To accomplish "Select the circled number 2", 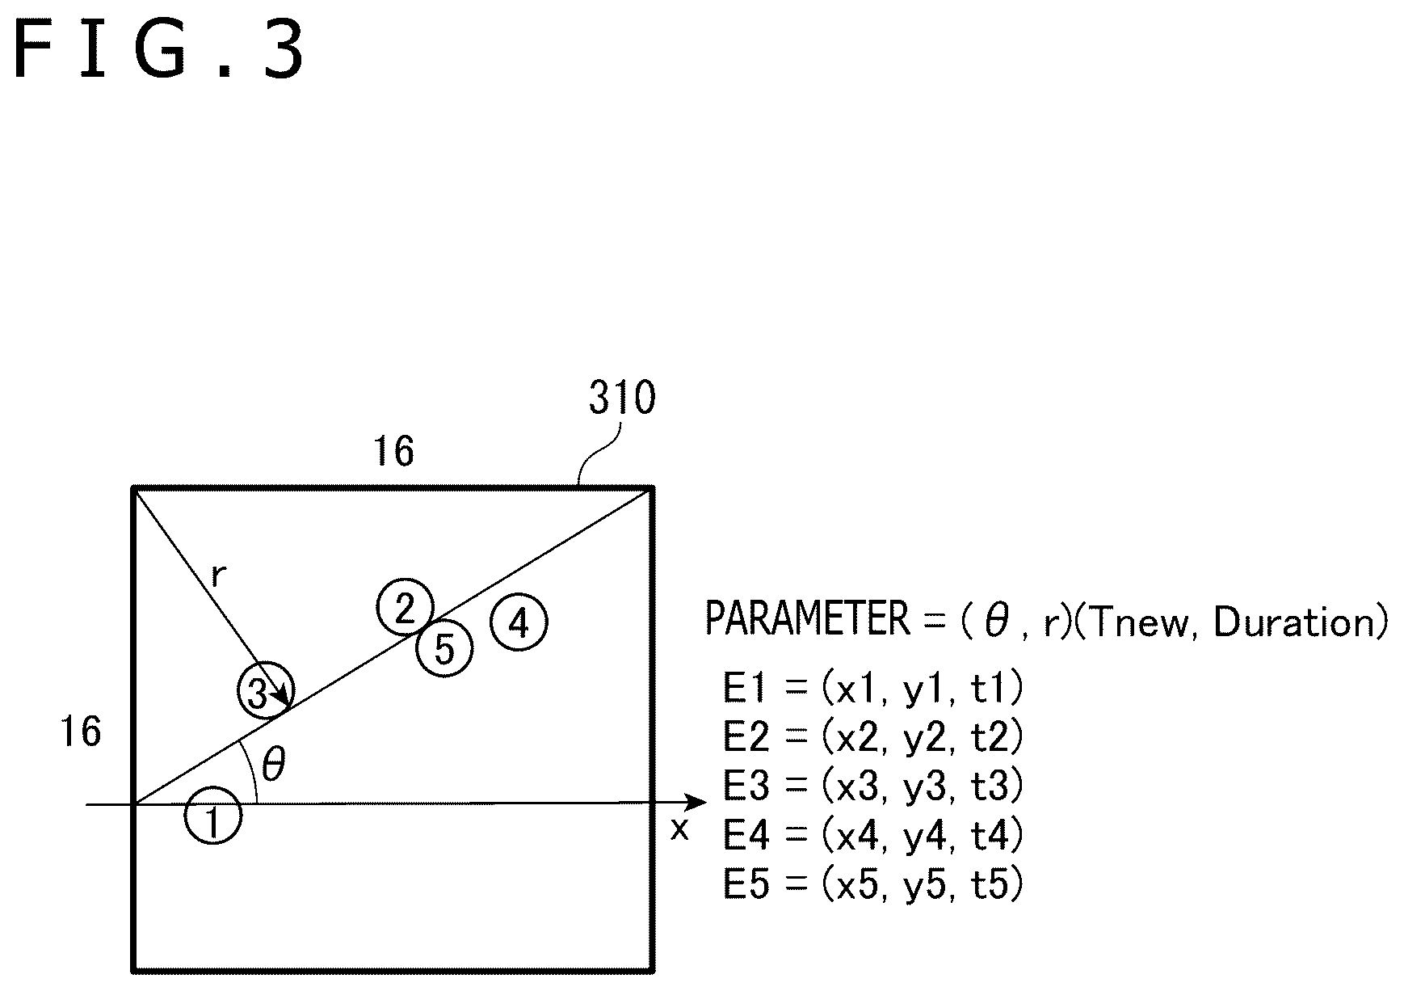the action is click(405, 607).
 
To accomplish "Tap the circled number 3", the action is click(266, 689).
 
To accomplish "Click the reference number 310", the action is click(622, 398).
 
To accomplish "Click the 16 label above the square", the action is click(394, 451).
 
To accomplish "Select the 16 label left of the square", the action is click(81, 732).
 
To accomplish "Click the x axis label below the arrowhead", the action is click(679, 829).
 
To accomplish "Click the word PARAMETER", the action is click(808, 619).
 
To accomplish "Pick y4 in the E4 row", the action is click(925, 837).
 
